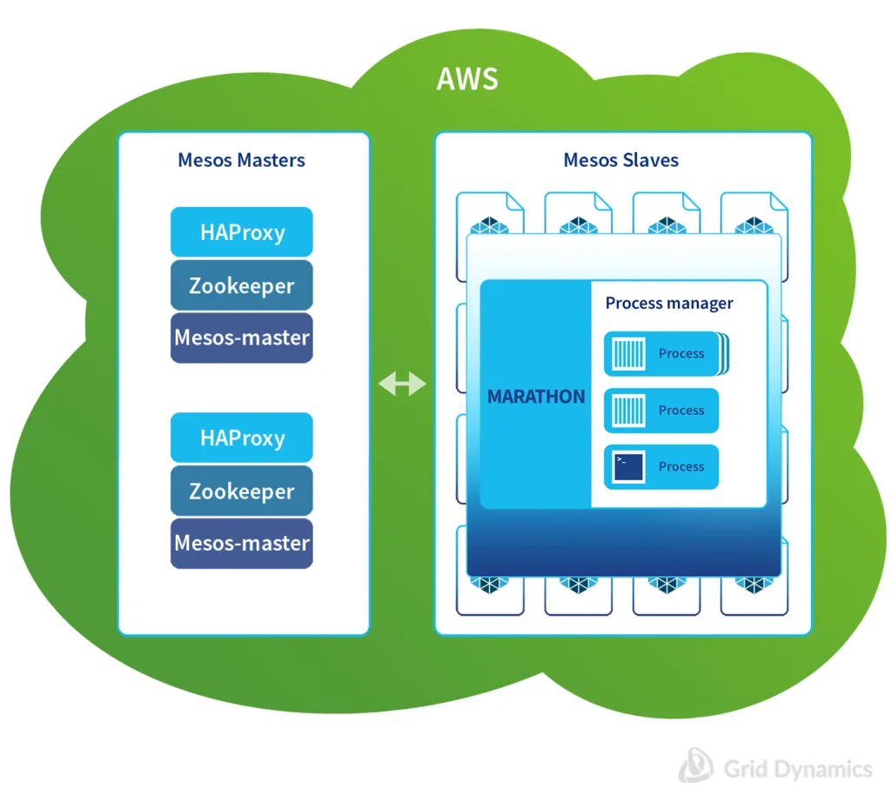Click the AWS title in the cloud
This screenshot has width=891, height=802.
coord(467,78)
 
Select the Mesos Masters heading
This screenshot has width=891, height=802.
coord(241,160)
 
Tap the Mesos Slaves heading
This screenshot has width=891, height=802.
coord(620,160)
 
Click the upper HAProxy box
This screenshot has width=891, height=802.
coord(242,232)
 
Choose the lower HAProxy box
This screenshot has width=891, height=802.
coord(242,438)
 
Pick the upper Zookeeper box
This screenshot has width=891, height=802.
coord(242,285)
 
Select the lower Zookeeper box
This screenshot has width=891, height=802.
coord(242,491)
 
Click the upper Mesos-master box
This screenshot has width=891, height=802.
coord(242,337)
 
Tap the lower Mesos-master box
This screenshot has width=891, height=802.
coord(242,543)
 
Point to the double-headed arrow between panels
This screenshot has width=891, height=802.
coord(402,383)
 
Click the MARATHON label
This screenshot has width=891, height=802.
coord(536,397)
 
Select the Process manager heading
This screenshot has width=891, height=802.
coord(669,303)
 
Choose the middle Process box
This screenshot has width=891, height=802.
coord(661,411)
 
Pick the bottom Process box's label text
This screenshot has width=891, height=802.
coord(681,467)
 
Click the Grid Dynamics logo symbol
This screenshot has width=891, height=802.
coord(696,765)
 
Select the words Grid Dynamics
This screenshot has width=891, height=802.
coord(797,769)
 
